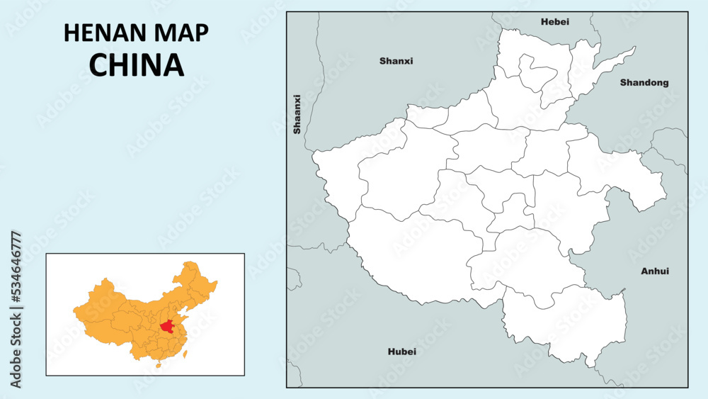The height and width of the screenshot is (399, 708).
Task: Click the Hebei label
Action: click(x=554, y=22)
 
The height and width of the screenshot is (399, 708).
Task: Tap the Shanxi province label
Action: click(x=396, y=61)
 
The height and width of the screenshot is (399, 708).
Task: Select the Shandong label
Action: click(x=644, y=82)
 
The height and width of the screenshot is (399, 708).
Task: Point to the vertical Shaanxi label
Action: click(x=297, y=114)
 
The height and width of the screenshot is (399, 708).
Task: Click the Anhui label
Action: click(x=655, y=271)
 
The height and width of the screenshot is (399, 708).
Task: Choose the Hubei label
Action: click(x=401, y=352)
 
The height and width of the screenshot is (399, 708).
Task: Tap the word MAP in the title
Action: click(x=180, y=33)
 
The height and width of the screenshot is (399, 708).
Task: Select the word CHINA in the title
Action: click(x=136, y=64)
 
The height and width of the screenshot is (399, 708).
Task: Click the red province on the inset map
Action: click(x=168, y=327)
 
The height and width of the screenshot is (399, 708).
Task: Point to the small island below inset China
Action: click(x=158, y=366)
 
